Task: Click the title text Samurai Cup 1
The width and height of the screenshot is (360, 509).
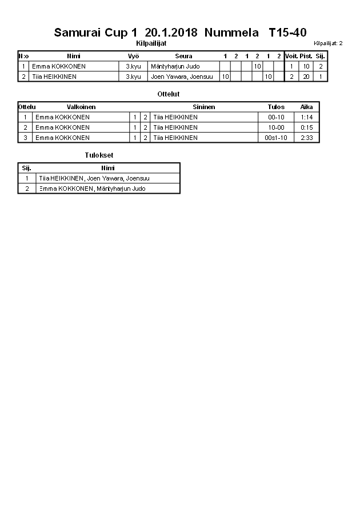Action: pyautogui.click(x=96, y=33)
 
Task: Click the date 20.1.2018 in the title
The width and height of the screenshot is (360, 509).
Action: pyautogui.click(x=171, y=33)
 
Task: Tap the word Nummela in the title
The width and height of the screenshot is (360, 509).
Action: pyautogui.click(x=229, y=33)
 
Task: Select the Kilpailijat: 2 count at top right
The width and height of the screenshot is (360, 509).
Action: pyautogui.click(x=328, y=43)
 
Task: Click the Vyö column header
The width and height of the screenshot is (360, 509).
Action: pyautogui.click(x=134, y=56)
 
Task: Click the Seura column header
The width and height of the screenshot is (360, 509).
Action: pyautogui.click(x=183, y=56)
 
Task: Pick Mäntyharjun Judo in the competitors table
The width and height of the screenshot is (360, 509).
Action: pyautogui.click(x=175, y=66)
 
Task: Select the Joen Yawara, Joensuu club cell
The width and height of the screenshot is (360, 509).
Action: pyautogui.click(x=183, y=76)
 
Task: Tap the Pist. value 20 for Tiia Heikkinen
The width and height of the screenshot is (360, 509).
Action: pyautogui.click(x=306, y=76)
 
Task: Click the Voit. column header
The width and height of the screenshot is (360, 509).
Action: pyautogui.click(x=291, y=56)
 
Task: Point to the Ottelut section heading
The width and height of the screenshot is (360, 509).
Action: pyautogui.click(x=168, y=94)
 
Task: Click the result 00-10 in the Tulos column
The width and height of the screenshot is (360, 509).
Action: pyautogui.click(x=276, y=117)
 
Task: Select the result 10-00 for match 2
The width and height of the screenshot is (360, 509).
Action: pyautogui.click(x=276, y=127)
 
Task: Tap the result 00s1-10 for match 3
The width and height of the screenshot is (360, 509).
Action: pyautogui.click(x=276, y=138)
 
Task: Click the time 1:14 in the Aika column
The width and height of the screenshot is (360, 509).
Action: pyautogui.click(x=307, y=117)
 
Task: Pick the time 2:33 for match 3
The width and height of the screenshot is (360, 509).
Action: pyautogui.click(x=307, y=138)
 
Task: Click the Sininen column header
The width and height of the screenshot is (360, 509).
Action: pyautogui.click(x=204, y=107)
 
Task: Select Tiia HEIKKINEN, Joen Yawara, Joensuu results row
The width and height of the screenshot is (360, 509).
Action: pyautogui.click(x=91, y=178)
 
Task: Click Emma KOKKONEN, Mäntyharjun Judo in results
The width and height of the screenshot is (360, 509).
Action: pyautogui.click(x=92, y=189)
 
